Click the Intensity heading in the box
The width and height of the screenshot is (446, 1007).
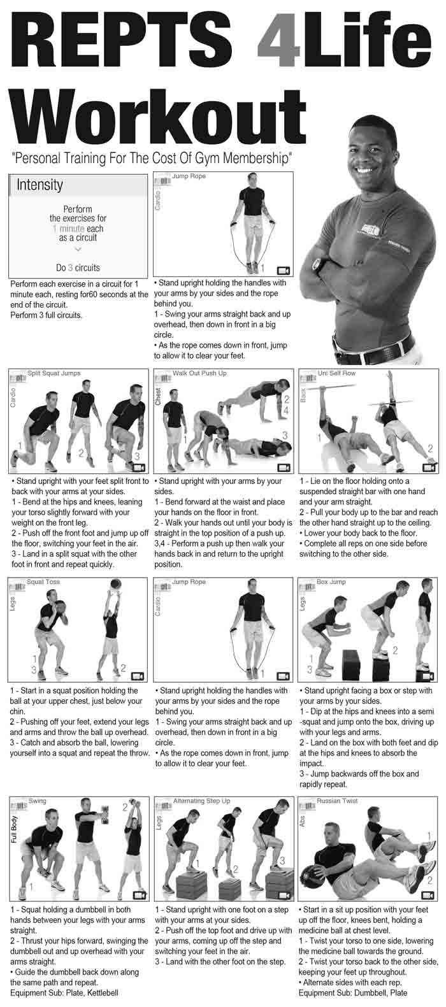[40, 185]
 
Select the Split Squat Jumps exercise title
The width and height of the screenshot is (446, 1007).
[54, 373]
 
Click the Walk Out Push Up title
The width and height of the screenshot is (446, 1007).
[199, 373]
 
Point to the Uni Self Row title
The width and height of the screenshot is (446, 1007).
[338, 373]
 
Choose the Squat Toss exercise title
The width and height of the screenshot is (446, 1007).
[43, 582]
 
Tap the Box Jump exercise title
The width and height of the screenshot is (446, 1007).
[331, 582]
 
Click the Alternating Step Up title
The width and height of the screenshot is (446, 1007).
[202, 801]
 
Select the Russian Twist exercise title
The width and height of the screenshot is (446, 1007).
[337, 801]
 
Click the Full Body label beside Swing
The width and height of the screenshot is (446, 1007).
[13, 829]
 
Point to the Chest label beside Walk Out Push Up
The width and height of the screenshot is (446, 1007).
[158, 397]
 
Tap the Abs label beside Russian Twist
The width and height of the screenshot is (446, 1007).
[303, 822]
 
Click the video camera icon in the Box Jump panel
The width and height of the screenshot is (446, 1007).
[428, 676]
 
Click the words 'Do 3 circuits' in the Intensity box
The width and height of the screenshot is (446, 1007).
[78, 268]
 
